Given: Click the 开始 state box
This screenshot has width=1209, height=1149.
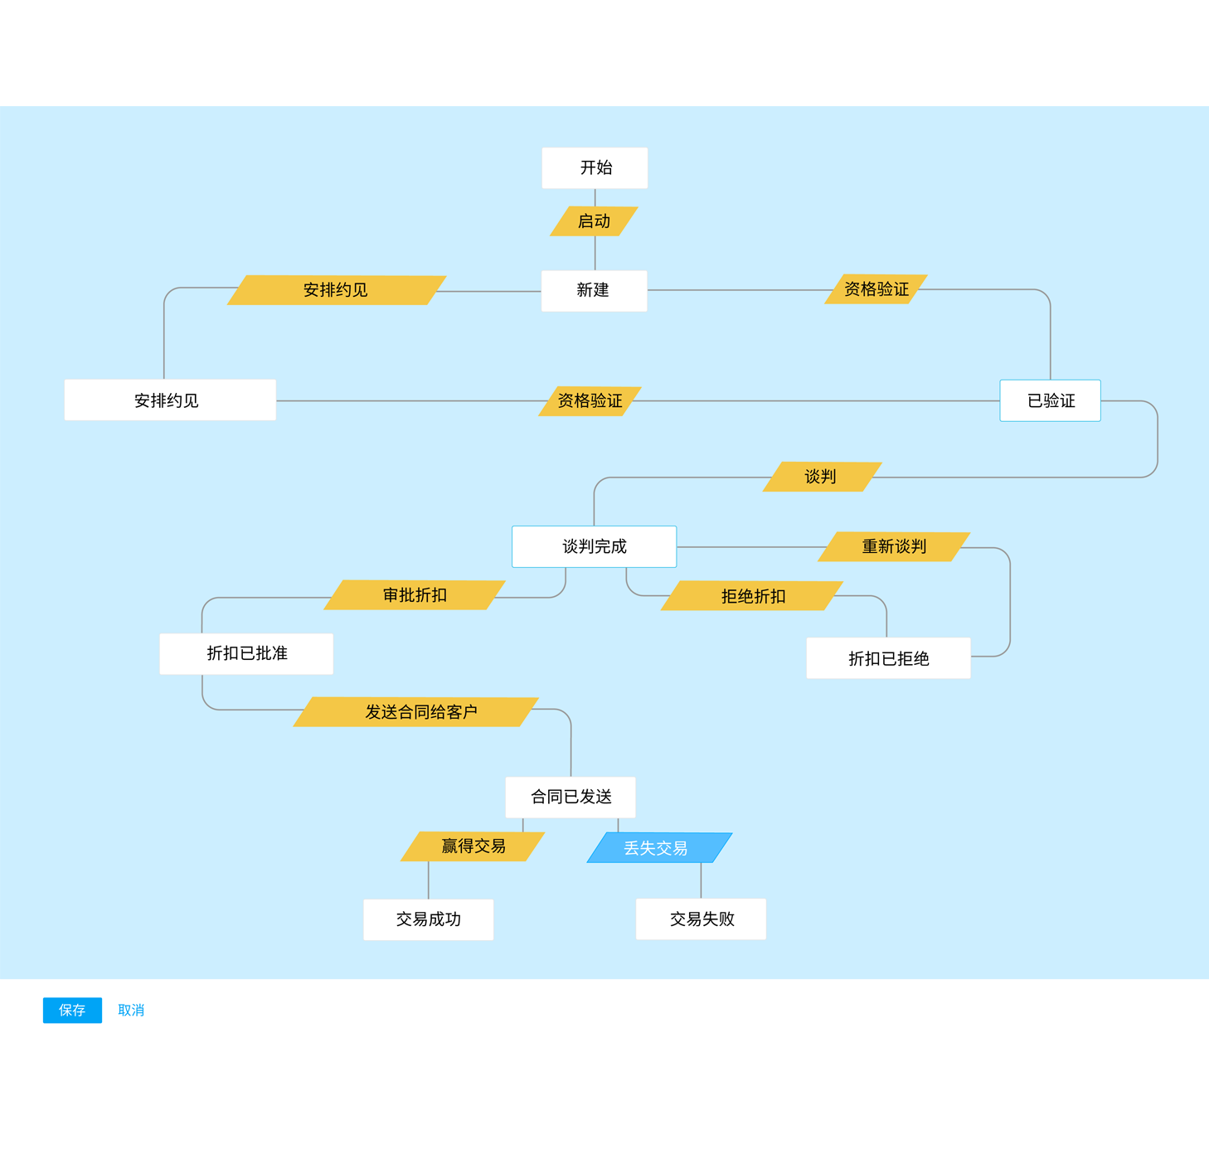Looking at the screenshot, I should (595, 168).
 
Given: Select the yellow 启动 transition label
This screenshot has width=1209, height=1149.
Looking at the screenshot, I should (594, 221).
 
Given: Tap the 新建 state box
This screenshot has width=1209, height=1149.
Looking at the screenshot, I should (594, 291).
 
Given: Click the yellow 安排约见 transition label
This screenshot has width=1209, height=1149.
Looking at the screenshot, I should (336, 290).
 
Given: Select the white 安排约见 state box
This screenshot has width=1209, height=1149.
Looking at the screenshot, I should (170, 400).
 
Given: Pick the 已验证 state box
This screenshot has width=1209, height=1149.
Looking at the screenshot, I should (1050, 400).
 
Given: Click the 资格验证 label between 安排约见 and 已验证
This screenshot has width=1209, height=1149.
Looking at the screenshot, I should (590, 401).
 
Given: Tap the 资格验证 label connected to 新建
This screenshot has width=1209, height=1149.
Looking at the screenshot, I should (876, 289).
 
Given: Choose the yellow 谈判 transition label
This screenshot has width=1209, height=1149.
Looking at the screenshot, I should (821, 477).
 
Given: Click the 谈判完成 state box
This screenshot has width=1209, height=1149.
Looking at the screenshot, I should (594, 546).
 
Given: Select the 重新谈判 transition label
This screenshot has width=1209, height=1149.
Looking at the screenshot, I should (893, 546).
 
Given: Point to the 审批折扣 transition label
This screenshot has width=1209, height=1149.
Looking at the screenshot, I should (415, 595).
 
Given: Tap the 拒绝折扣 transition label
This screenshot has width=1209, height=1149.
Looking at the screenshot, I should (752, 596).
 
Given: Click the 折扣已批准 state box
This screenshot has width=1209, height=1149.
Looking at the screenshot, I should (246, 653).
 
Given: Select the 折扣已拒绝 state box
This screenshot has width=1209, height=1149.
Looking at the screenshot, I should (888, 658).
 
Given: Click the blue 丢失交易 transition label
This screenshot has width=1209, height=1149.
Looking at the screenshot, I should (658, 848).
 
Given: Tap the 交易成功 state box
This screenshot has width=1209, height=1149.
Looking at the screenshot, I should (428, 919).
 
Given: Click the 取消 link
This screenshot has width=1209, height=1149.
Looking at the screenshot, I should (131, 1010).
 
